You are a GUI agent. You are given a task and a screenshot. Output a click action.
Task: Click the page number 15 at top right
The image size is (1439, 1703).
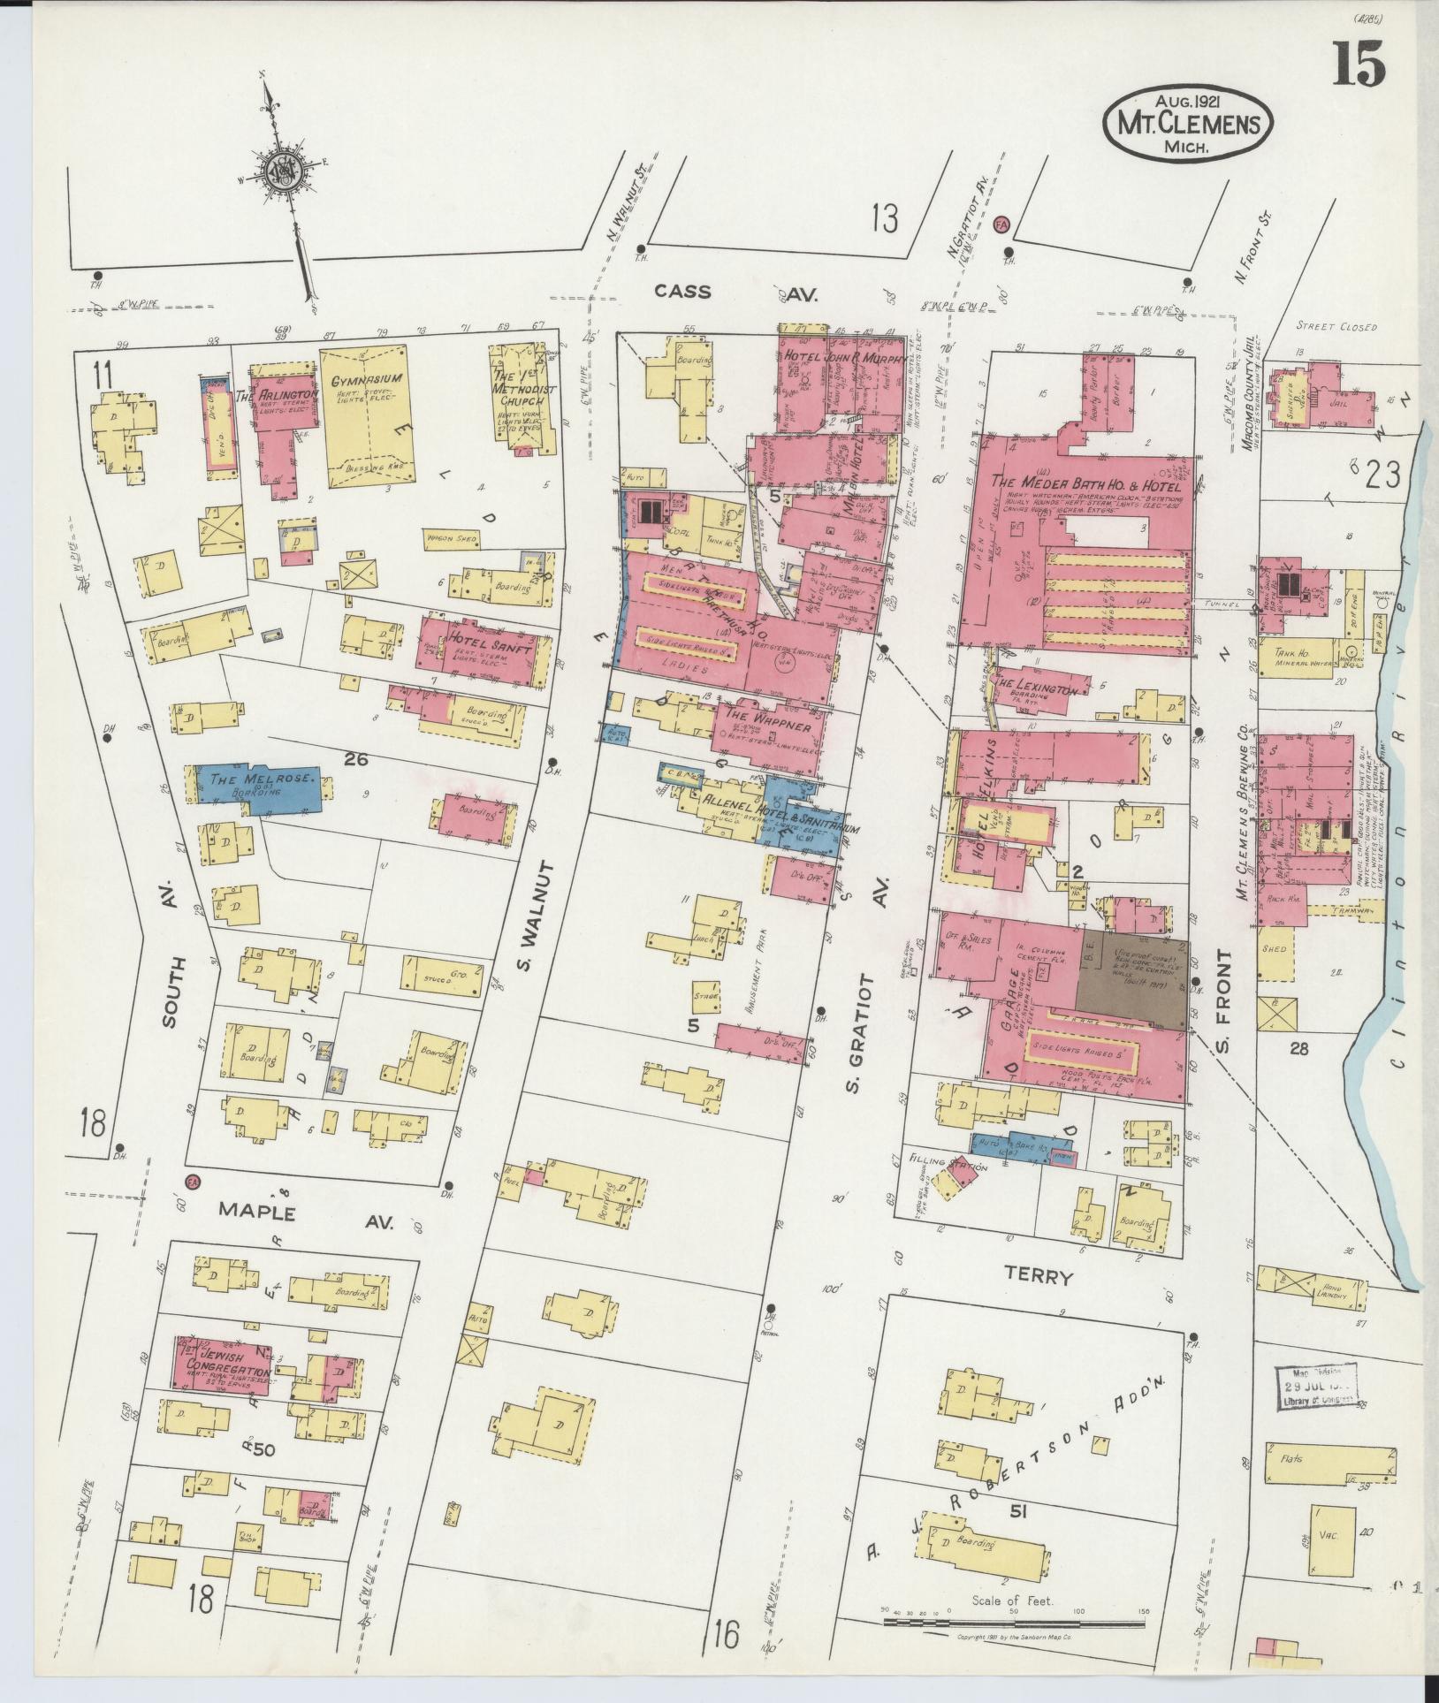(x=1359, y=63)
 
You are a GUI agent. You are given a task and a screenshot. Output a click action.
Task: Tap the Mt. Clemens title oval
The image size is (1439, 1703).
(x=1187, y=122)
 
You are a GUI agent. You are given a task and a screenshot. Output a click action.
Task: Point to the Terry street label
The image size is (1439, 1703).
(x=1038, y=1276)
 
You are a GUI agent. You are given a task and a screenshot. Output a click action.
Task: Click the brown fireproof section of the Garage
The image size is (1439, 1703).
(x=1131, y=979)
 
